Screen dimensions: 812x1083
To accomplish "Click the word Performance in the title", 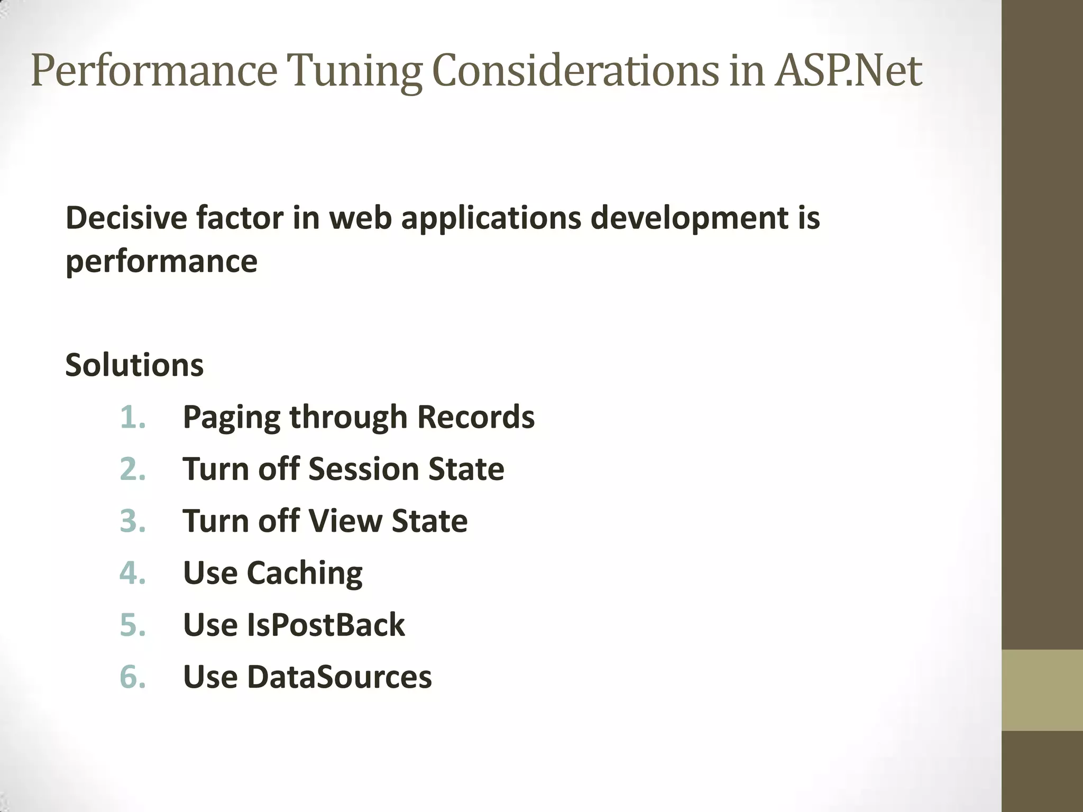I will pyautogui.click(x=154, y=71).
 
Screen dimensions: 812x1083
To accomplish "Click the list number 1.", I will pyautogui.click(x=132, y=417).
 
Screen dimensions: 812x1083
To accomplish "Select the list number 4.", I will pyautogui.click(x=133, y=573).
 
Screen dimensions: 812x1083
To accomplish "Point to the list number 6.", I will pyautogui.click(x=133, y=677).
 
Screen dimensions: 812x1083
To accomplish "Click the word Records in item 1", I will pyautogui.click(x=475, y=417).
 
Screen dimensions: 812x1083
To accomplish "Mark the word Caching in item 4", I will pyautogui.click(x=305, y=574).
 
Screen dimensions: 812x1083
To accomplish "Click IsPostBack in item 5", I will pyautogui.click(x=326, y=625).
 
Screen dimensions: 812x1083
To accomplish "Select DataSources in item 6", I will pyautogui.click(x=339, y=677).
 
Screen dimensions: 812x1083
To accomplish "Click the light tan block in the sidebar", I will pyautogui.click(x=1042, y=690).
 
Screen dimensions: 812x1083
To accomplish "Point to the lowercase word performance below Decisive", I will pyautogui.click(x=161, y=262).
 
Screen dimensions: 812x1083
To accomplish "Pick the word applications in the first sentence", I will pyautogui.click(x=491, y=218).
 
